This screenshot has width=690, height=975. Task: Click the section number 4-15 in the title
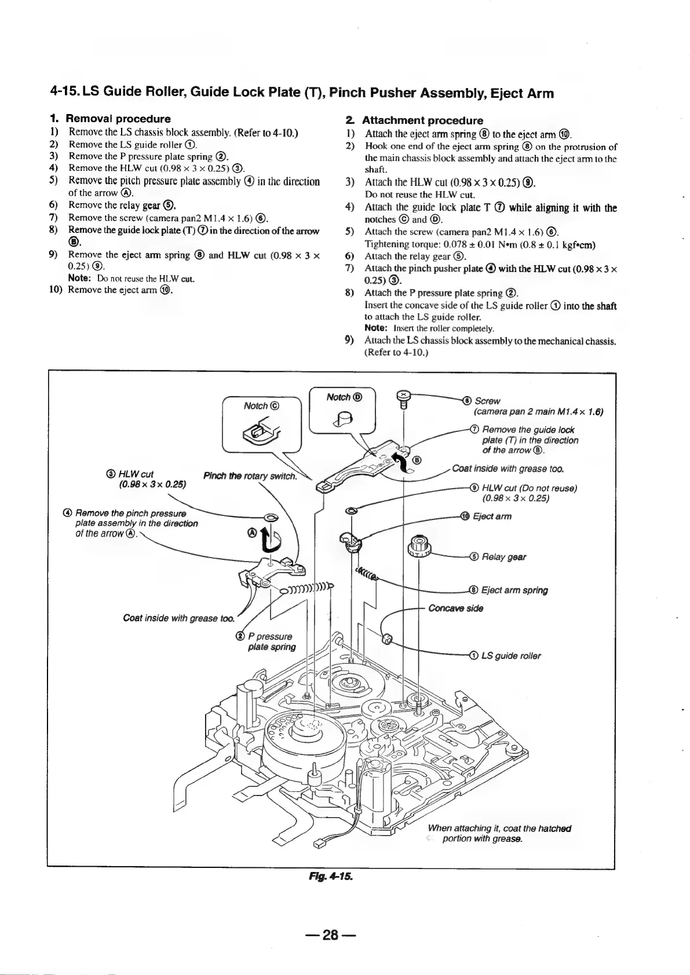(67, 93)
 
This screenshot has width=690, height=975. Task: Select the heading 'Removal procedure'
(119, 119)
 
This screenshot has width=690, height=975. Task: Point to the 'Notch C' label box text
(262, 406)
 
